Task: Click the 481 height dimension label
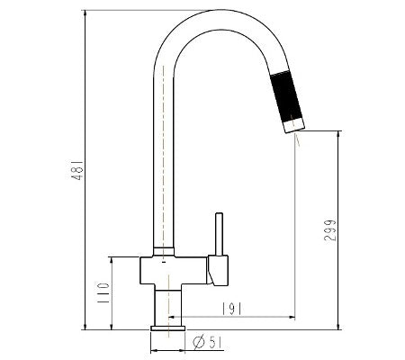(x=78, y=169)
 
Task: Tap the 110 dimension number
(x=103, y=292)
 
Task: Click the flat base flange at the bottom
(x=167, y=328)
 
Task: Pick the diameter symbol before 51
(x=198, y=341)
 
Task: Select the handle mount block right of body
(x=217, y=268)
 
